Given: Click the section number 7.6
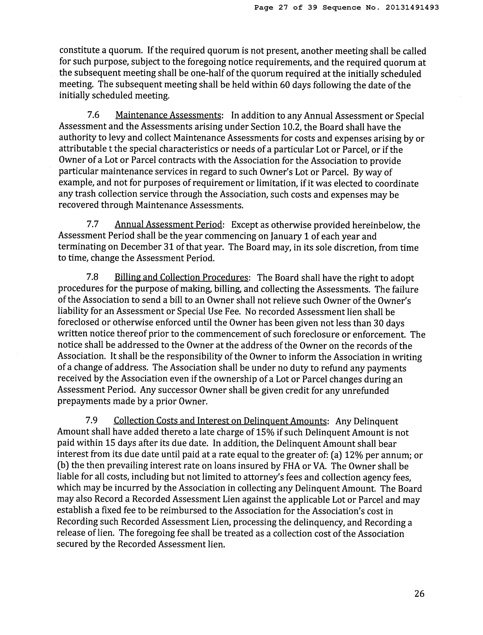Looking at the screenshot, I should [93, 115].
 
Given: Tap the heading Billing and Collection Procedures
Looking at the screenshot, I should [181, 277].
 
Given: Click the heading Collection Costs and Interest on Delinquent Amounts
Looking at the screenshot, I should [220, 421].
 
